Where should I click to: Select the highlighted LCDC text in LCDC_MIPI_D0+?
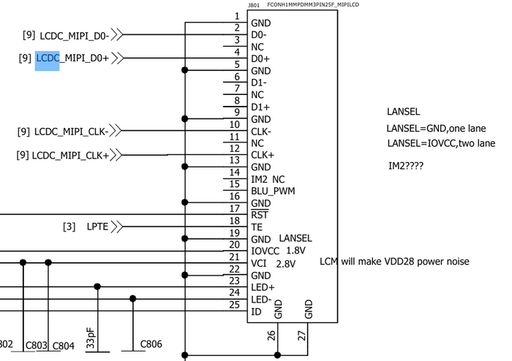click(48, 58)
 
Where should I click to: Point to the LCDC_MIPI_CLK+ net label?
click(70, 155)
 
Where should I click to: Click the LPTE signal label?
click(97, 227)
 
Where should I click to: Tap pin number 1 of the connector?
click(236, 16)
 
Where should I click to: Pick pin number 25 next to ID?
click(235, 304)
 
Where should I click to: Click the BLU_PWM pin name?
click(274, 191)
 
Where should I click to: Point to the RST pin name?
click(259, 215)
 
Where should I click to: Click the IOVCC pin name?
click(266, 251)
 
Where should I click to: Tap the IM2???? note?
click(406, 167)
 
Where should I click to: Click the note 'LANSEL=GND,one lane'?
click(437, 129)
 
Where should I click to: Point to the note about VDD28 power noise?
click(394, 262)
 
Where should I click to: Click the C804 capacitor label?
click(64, 346)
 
